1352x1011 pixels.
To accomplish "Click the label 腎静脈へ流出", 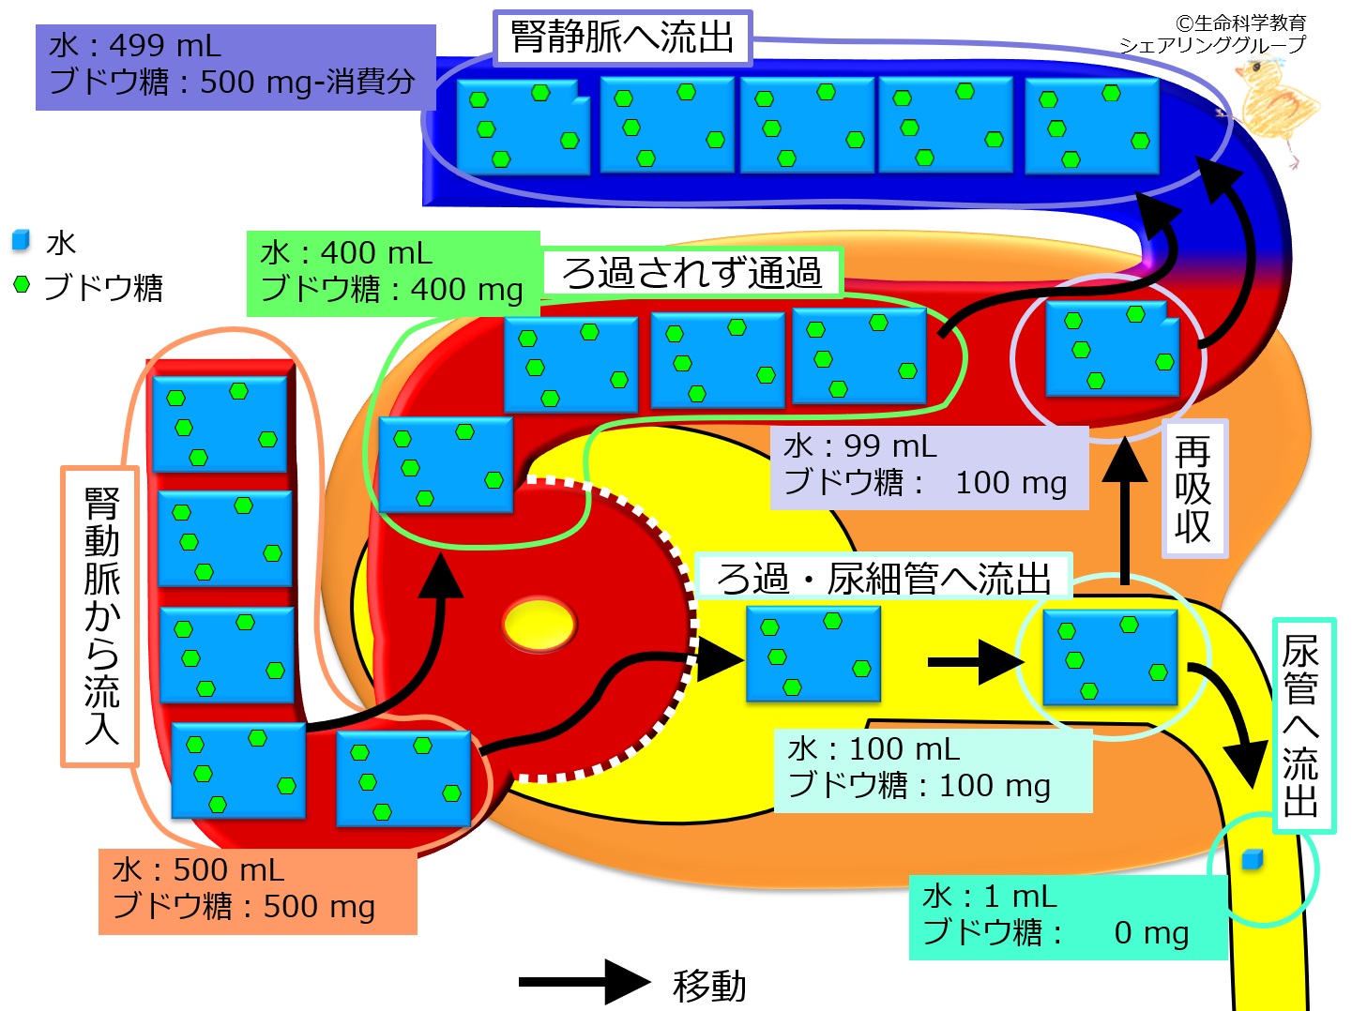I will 622,38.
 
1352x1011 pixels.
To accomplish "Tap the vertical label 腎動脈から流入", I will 100,616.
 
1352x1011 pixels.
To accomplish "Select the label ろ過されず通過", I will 691,273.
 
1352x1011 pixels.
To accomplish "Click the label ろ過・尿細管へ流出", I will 883,578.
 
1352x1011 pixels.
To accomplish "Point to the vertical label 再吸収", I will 1193,489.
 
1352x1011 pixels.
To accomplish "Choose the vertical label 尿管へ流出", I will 1302,725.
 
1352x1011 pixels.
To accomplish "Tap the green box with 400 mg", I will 392,272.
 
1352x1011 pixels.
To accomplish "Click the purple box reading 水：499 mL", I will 235,66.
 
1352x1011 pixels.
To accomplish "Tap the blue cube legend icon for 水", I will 21,241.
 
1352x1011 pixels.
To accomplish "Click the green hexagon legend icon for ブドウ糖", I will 22,283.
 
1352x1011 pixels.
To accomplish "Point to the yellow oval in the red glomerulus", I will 539,626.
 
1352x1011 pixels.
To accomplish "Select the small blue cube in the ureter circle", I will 1252,860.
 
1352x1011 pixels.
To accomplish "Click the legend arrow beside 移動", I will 584,982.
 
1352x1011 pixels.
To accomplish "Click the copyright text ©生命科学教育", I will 1239,22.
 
